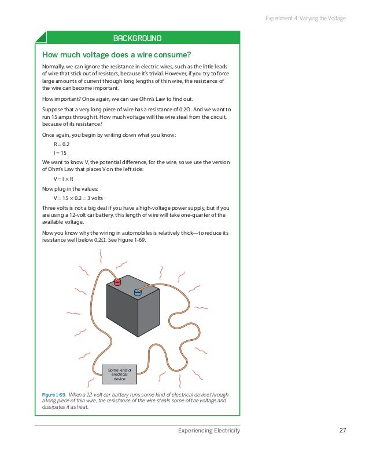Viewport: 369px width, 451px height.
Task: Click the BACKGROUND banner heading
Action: point(137,39)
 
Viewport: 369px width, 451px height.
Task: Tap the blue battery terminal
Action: point(138,292)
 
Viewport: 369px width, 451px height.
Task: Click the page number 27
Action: point(342,431)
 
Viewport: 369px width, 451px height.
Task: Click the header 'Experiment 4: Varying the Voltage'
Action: point(305,19)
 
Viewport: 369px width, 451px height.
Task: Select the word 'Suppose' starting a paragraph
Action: point(54,109)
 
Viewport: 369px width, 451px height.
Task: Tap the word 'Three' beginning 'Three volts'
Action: point(50,208)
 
